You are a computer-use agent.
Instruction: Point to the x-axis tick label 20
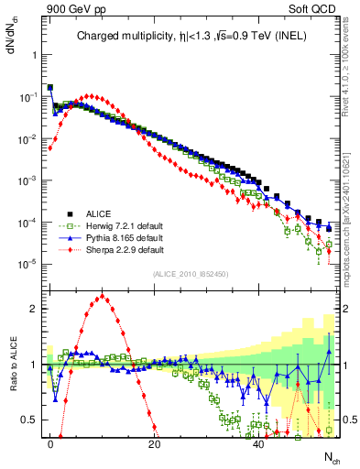pyautogui.click(x=155, y=442)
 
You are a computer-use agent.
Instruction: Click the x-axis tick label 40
pyautogui.click(x=259, y=442)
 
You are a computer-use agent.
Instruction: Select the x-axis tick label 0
pyautogui.click(x=50, y=442)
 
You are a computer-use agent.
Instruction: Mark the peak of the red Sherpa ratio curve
pyautogui.click(x=103, y=296)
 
